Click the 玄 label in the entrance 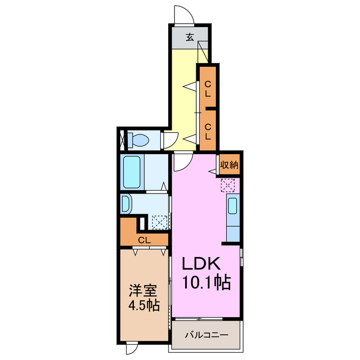coord(190,38)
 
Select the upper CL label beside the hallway coord(208,89)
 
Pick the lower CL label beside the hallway coord(208,132)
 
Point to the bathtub coord(133,173)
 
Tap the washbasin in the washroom coord(125,203)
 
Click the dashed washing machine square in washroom coord(160,222)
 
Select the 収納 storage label coord(229,165)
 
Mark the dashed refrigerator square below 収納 coord(228,185)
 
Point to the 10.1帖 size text coord(205,283)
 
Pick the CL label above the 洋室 coord(145,240)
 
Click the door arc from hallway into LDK coord(182,163)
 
